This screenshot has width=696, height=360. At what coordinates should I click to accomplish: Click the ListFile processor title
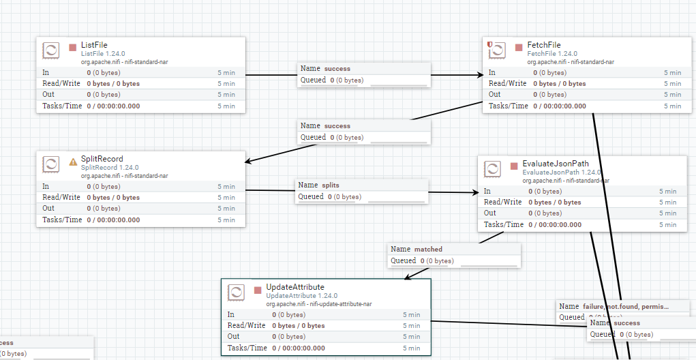[x=94, y=45]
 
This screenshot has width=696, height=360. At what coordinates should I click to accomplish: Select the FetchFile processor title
[x=544, y=45]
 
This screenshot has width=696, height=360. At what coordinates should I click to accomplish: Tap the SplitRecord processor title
[x=102, y=159]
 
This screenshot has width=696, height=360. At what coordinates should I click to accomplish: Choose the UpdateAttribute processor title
[x=295, y=287]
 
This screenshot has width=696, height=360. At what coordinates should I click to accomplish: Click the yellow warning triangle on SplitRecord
[x=73, y=162]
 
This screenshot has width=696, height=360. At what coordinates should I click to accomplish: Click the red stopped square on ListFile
[x=73, y=48]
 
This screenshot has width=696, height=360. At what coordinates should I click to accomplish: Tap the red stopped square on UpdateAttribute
[x=258, y=290]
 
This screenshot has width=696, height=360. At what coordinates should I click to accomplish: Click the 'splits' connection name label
[x=330, y=185]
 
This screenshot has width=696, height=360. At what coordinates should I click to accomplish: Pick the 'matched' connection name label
[x=428, y=250]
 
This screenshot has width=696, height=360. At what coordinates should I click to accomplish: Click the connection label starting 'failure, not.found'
[x=626, y=307]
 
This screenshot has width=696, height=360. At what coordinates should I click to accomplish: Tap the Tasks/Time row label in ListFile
[x=62, y=106]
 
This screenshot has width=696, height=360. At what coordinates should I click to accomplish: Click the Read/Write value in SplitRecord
[x=113, y=197]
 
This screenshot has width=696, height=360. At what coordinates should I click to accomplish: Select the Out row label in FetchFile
[x=495, y=94]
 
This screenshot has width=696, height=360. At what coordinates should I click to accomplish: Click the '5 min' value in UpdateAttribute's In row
[x=411, y=315]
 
